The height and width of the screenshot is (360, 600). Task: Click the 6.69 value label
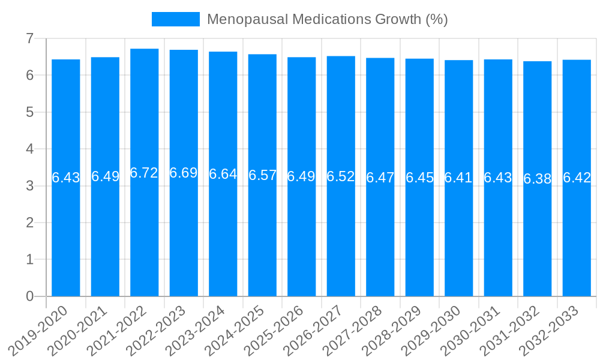coord(184,173)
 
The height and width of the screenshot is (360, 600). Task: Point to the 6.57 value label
coord(262,175)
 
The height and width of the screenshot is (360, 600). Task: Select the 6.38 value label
coord(538,179)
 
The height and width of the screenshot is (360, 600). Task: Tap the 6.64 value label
coord(223,174)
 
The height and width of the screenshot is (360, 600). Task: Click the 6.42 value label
coord(577,178)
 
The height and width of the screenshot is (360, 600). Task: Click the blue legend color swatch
coord(175,19)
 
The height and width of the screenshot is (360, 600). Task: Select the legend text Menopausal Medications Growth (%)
coord(327,19)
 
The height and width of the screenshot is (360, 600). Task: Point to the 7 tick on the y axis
coord(29,38)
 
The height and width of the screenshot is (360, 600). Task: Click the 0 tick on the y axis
coord(29,296)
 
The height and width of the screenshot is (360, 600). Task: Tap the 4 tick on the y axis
coord(29,149)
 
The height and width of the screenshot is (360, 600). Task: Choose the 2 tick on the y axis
coord(29,223)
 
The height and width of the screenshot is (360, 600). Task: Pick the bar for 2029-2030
coord(459,240)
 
